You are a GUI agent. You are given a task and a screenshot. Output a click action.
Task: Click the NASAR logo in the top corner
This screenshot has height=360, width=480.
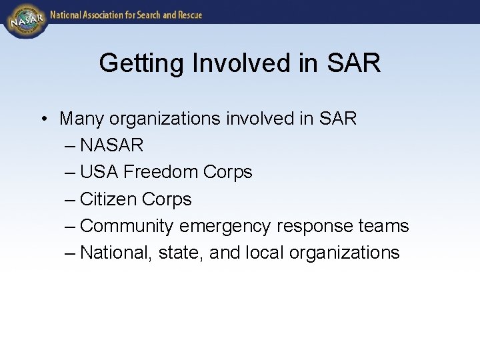(x=25, y=19)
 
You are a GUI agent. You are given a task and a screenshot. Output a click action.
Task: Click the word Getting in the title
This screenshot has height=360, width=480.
(x=142, y=63)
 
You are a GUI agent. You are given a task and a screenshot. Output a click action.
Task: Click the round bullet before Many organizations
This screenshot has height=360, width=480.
(x=42, y=119)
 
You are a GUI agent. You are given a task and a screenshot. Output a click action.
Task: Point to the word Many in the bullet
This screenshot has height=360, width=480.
(x=81, y=119)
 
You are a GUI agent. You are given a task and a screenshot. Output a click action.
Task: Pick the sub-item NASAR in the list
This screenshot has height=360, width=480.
(x=111, y=145)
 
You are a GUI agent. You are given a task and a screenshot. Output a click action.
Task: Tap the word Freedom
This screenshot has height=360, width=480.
(x=161, y=172)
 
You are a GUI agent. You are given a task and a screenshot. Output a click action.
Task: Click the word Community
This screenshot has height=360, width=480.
(x=127, y=226)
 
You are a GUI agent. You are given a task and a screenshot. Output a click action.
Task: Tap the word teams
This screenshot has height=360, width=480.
(x=383, y=226)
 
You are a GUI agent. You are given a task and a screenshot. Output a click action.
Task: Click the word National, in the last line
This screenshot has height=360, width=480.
(x=116, y=253)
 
